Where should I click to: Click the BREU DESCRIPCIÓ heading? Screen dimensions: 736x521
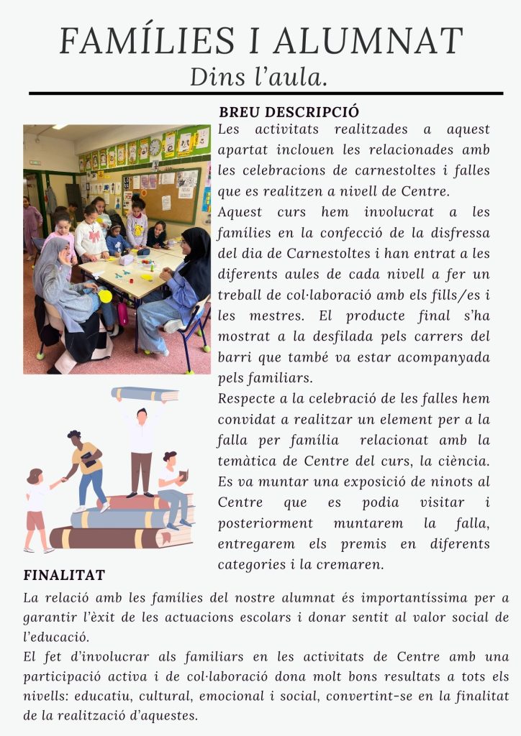tap(289, 113)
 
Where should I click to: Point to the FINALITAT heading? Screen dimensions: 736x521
tap(64, 575)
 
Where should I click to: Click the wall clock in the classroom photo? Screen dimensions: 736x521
tap(155, 147)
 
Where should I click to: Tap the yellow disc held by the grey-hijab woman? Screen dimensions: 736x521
tap(106, 295)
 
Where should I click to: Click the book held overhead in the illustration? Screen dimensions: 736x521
tap(144, 394)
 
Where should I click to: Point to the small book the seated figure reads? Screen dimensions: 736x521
tap(184, 475)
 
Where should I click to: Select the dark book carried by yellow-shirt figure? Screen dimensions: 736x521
tap(89, 460)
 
